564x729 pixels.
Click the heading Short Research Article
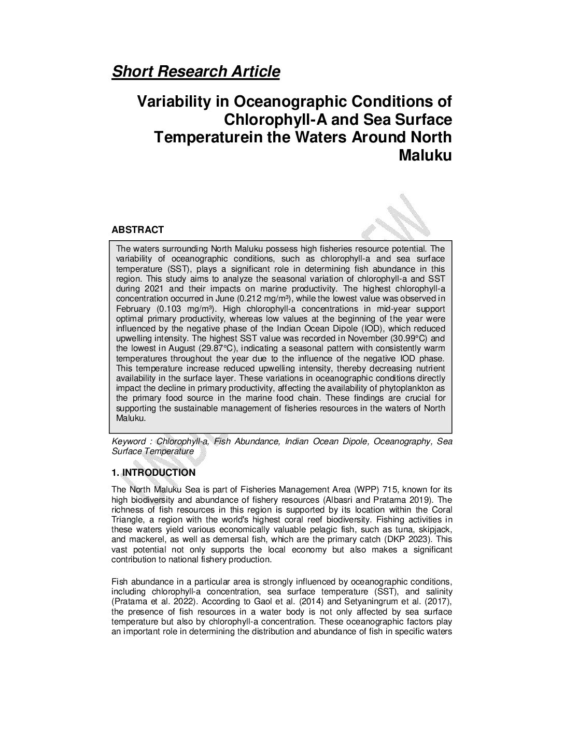click(195, 71)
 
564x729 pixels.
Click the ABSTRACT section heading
click(137, 230)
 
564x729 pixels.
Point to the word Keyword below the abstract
click(129, 441)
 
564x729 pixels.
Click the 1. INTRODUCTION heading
click(153, 473)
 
